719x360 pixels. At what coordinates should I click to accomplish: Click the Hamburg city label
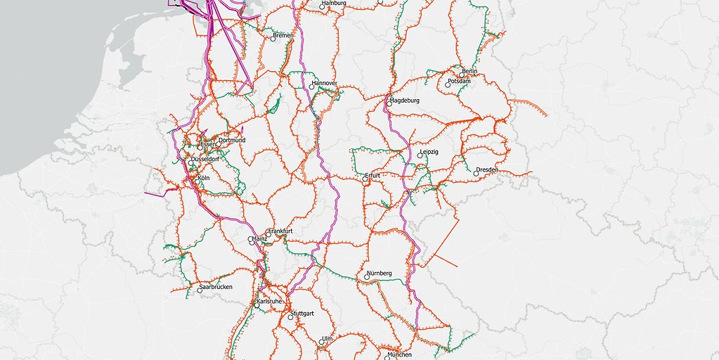pyautogui.click(x=334, y=4)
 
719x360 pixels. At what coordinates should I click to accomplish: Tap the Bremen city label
pyautogui.click(x=283, y=35)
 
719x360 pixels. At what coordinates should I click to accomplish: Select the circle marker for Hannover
pyautogui.click(x=311, y=87)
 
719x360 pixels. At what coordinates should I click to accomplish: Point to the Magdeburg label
pyautogui.click(x=405, y=101)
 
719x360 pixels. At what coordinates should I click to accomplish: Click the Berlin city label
pyautogui.click(x=469, y=71)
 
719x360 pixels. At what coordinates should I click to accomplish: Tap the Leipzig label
pyautogui.click(x=428, y=152)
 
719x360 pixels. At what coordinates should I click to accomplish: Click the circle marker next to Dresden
pyautogui.click(x=476, y=174)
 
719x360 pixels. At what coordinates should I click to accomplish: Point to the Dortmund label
pyautogui.click(x=232, y=140)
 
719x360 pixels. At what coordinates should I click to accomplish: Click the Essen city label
pyautogui.click(x=208, y=145)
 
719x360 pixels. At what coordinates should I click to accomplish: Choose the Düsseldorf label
pyautogui.click(x=205, y=160)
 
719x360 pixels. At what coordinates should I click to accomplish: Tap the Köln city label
pyautogui.click(x=204, y=179)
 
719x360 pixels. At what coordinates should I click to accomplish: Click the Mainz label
pyautogui.click(x=260, y=239)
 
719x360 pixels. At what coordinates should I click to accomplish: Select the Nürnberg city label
pyautogui.click(x=379, y=273)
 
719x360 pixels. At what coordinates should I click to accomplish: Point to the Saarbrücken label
pyautogui.click(x=215, y=287)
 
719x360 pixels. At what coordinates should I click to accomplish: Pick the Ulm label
pyautogui.click(x=327, y=339)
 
